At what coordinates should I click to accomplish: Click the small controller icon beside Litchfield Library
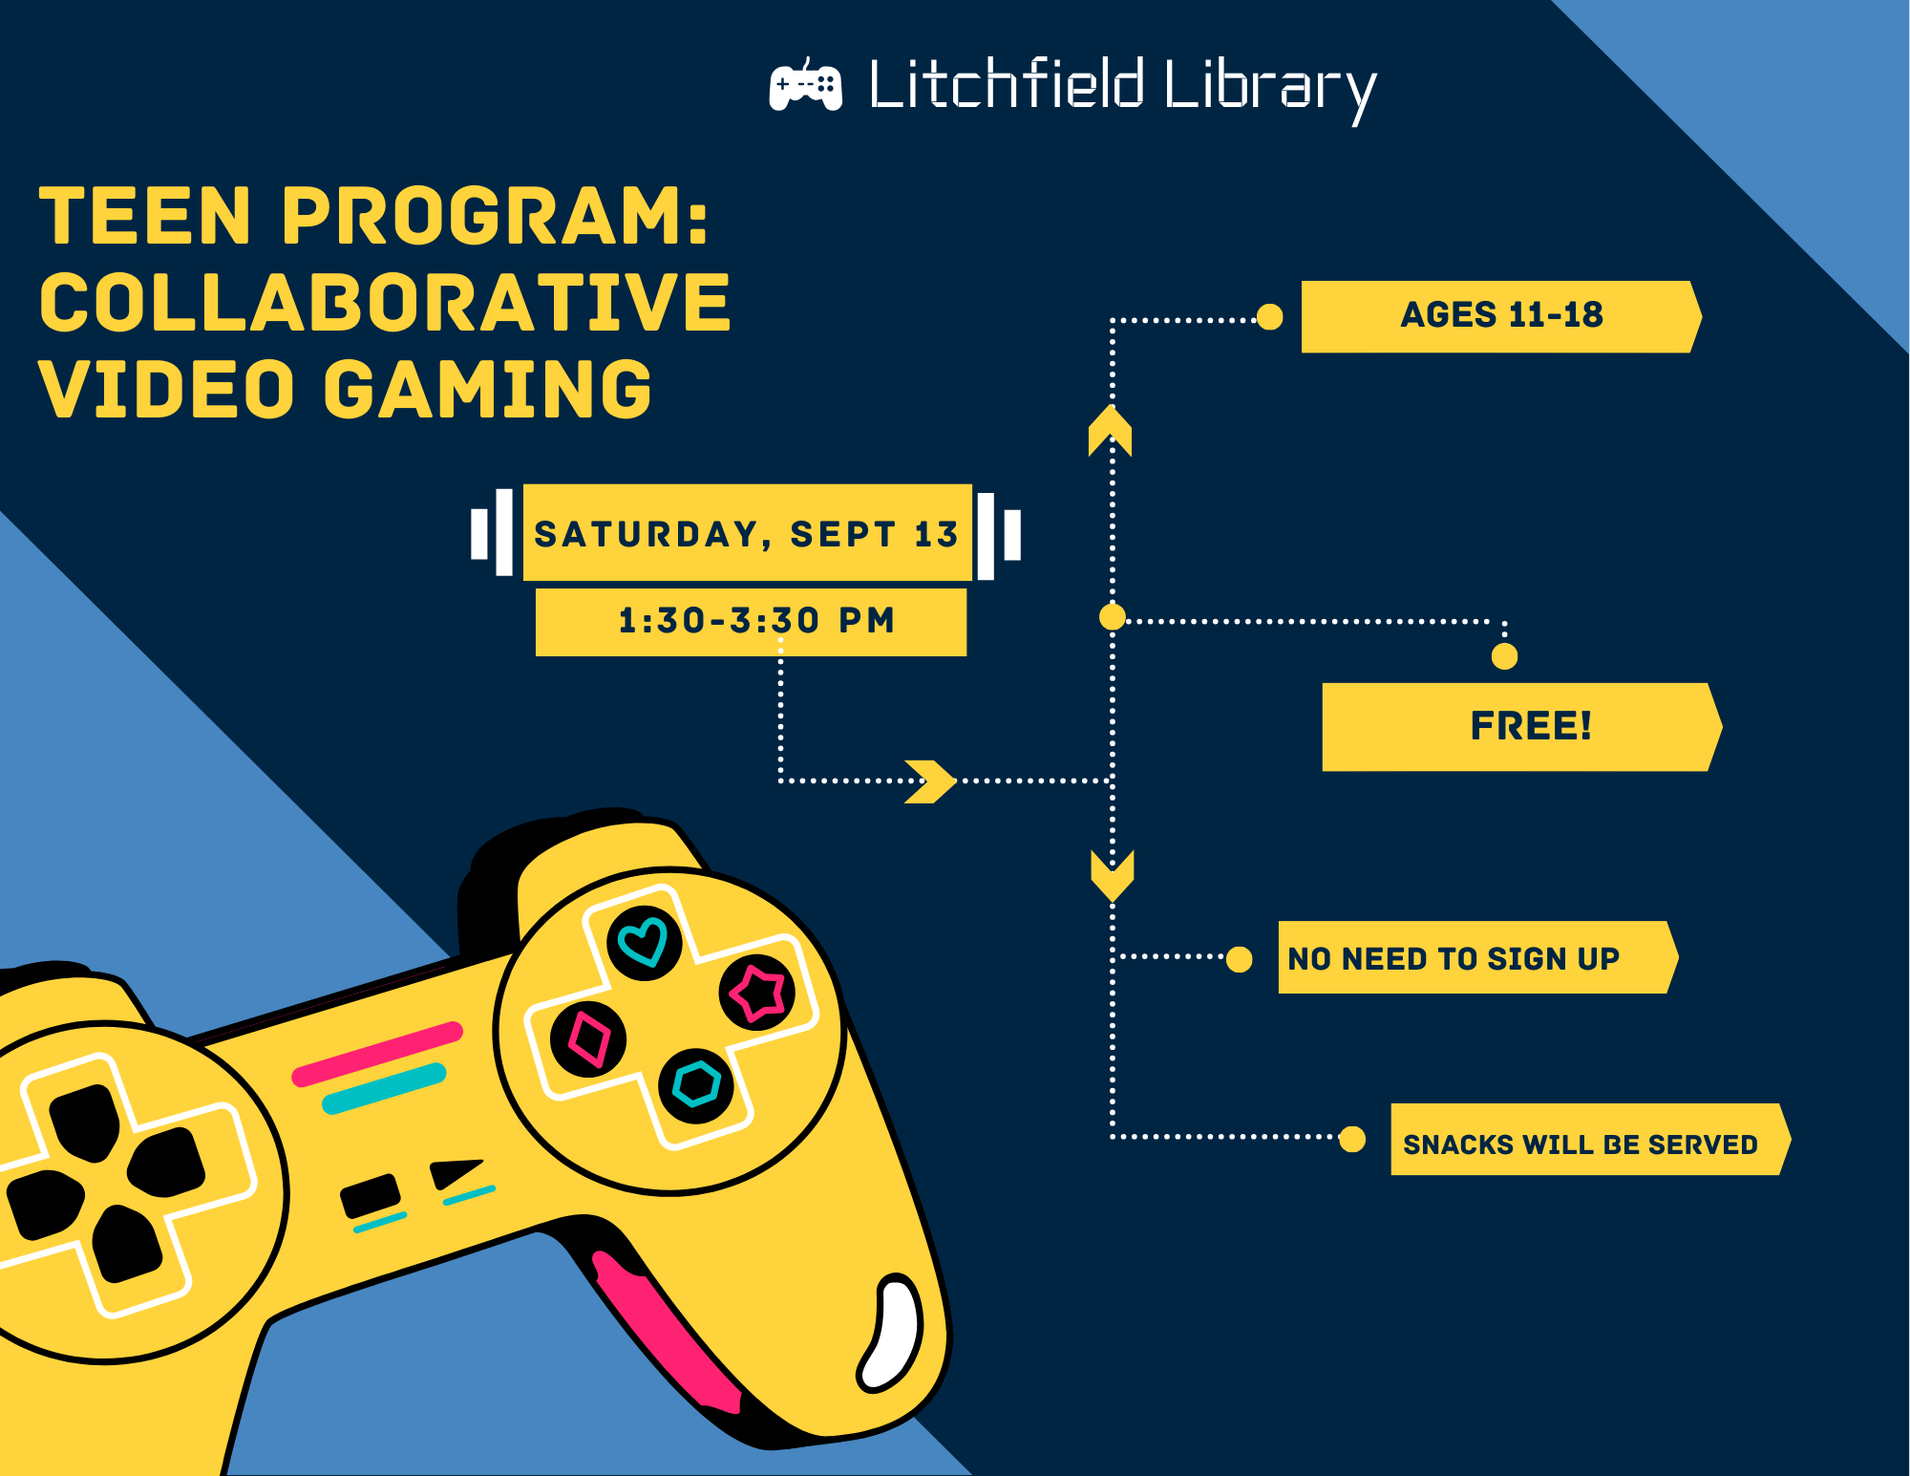click(x=806, y=85)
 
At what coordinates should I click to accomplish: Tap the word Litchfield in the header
click(x=1007, y=83)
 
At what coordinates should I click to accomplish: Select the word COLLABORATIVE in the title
click(x=385, y=303)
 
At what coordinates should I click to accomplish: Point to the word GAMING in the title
click(x=488, y=389)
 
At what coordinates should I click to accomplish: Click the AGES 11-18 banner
click(x=1501, y=316)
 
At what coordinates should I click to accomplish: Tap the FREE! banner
click(x=1522, y=726)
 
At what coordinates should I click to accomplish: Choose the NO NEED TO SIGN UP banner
click(x=1478, y=957)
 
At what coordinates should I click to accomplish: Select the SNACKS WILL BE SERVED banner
click(x=1591, y=1139)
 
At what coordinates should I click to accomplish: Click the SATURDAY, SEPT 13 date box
click(x=748, y=533)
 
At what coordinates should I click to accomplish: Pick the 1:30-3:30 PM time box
click(x=751, y=622)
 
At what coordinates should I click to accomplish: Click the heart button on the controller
click(x=644, y=942)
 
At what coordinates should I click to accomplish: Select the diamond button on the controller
click(x=588, y=1039)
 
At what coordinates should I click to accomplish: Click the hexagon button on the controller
click(x=696, y=1085)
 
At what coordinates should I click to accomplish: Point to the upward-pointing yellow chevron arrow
click(x=1110, y=431)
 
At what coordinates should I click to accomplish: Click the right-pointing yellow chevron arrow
click(x=930, y=781)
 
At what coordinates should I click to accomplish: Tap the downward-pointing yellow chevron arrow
click(x=1113, y=875)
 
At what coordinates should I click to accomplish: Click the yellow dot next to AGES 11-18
click(x=1270, y=317)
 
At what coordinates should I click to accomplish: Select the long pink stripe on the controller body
click(x=377, y=1054)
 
